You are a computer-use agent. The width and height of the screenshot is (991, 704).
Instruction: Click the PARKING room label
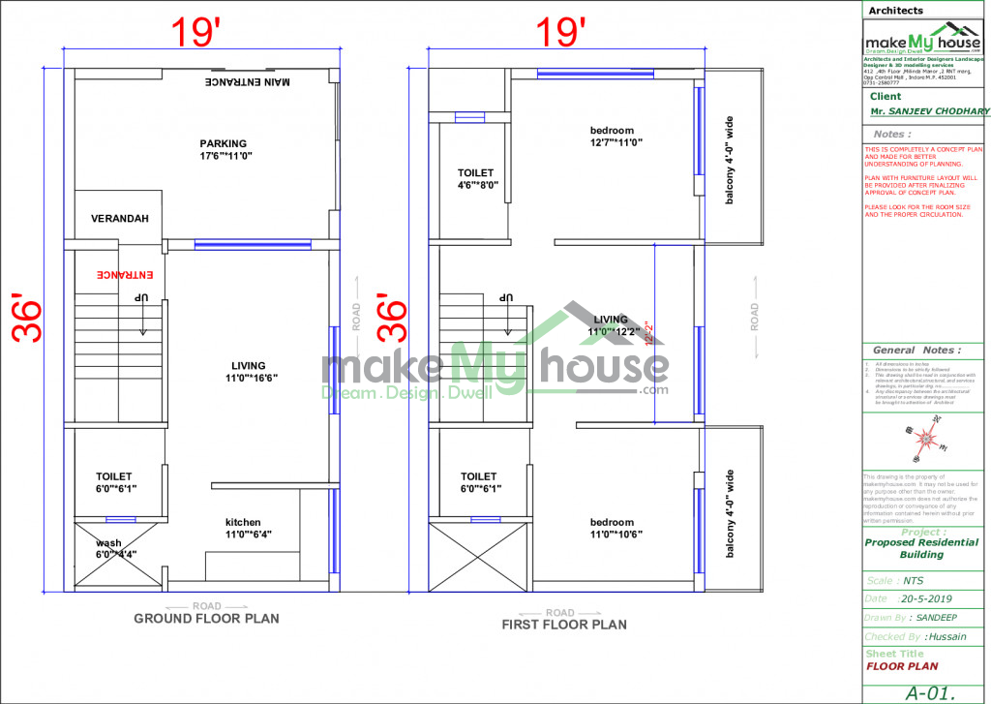pyautogui.click(x=224, y=149)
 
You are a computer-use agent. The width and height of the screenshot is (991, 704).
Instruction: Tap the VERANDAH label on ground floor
pyautogui.click(x=120, y=219)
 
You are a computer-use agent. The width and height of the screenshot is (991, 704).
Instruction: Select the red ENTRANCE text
pyautogui.click(x=119, y=275)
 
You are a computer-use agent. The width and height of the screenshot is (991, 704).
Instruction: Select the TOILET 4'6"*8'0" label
pyautogui.click(x=476, y=179)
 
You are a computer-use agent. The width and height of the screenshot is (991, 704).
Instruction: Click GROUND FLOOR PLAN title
pyautogui.click(x=206, y=618)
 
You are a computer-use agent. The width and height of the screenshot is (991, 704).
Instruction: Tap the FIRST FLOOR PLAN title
pyautogui.click(x=563, y=625)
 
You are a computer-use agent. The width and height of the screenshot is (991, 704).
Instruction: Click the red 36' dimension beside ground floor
pyautogui.click(x=27, y=318)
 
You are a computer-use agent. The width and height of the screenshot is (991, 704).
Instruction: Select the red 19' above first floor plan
pyautogui.click(x=563, y=32)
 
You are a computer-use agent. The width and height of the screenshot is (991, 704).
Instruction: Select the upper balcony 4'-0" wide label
pyautogui.click(x=731, y=161)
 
